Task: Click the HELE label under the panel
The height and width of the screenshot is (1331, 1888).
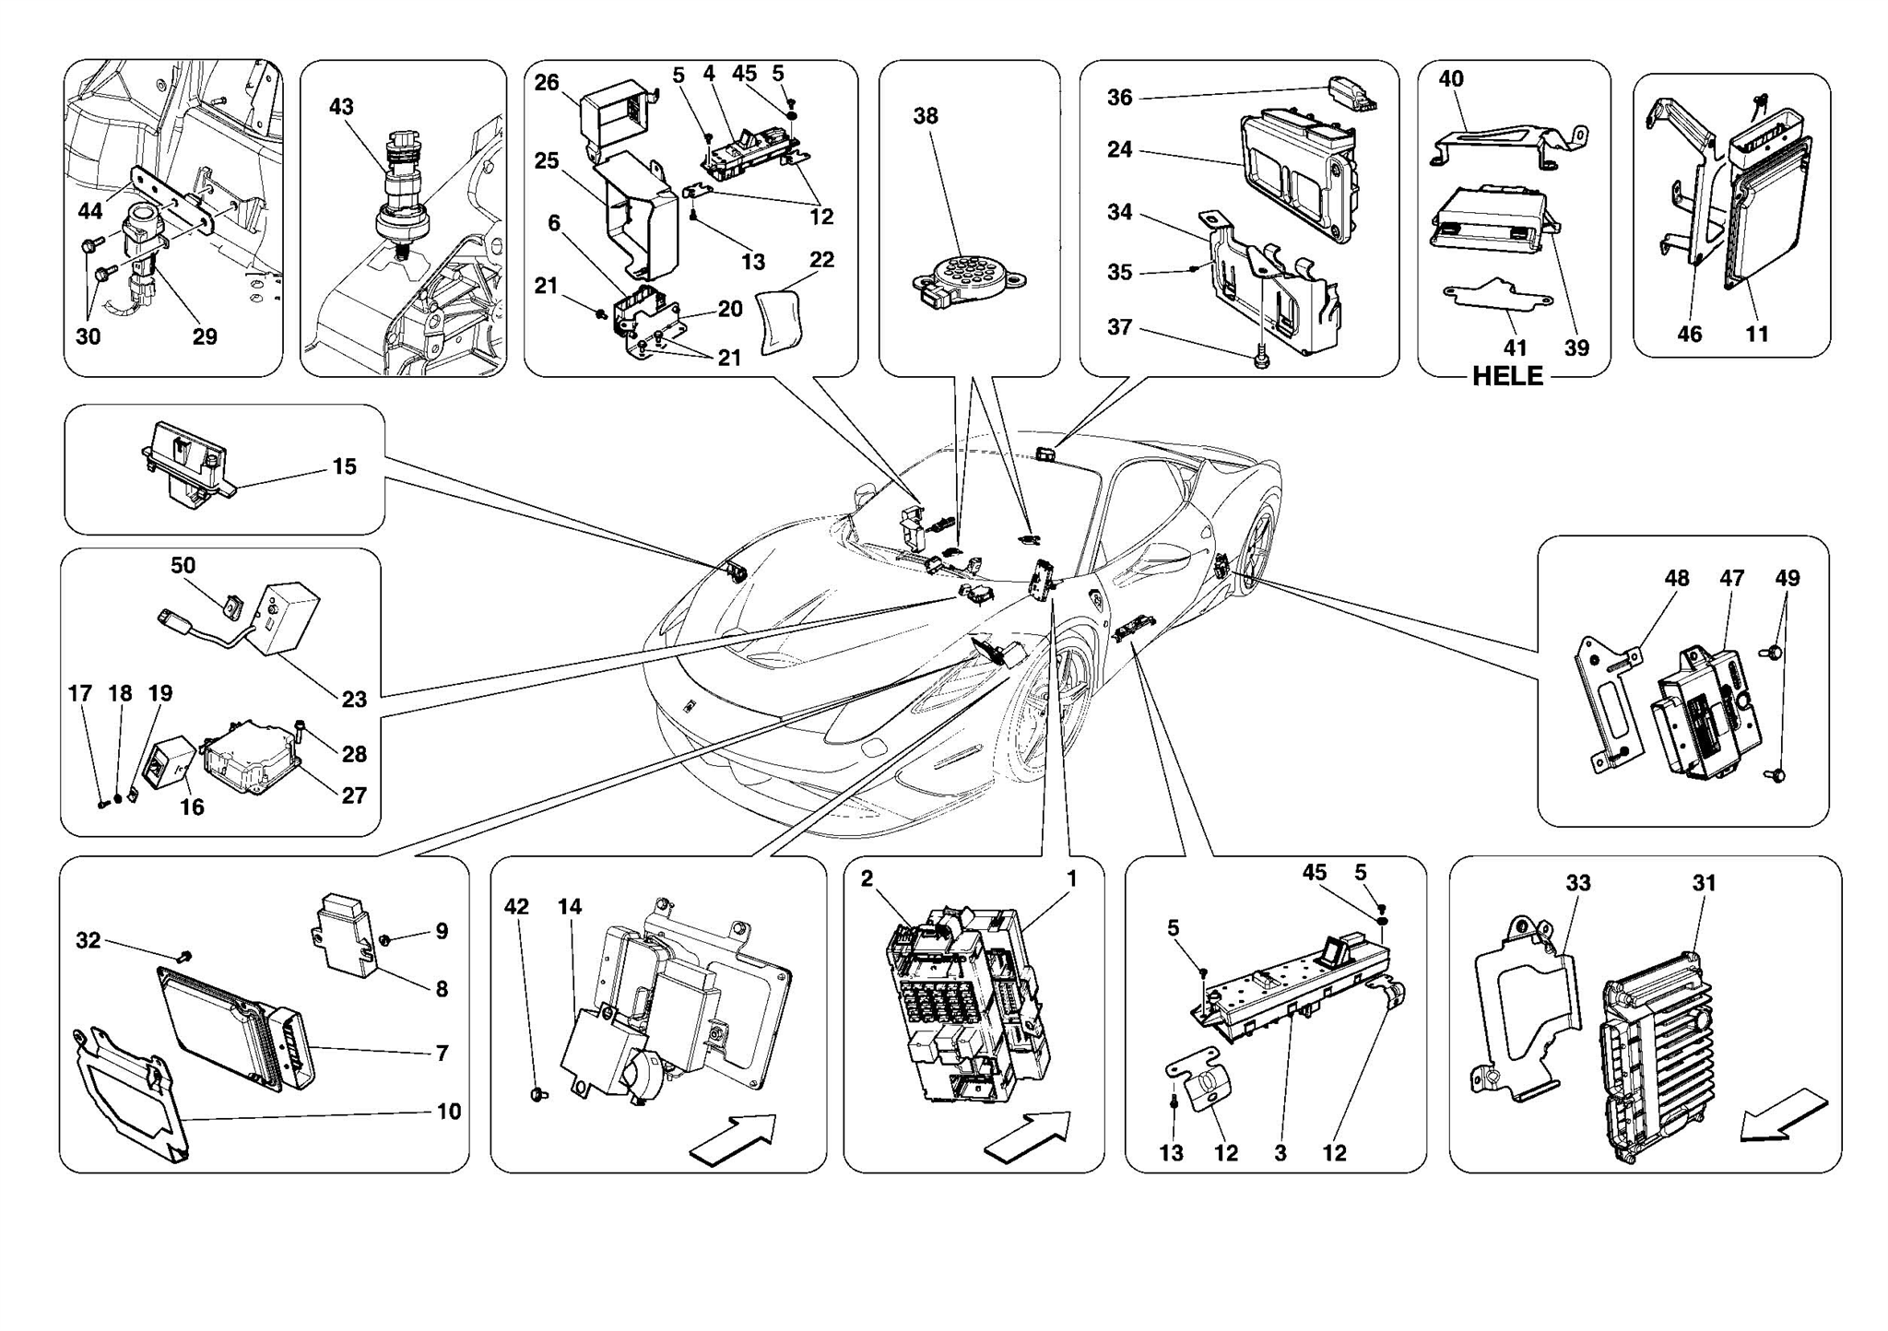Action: coord(1506,376)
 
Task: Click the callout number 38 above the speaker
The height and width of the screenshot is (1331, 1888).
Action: coord(926,116)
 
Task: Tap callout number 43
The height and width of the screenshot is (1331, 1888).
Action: coord(341,107)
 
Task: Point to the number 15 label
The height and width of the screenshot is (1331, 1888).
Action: coord(344,466)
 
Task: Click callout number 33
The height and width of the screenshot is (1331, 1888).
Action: coord(1577,883)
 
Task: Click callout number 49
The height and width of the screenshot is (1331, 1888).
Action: coord(1787,579)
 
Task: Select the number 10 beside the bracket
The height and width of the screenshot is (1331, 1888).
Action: coord(449,1112)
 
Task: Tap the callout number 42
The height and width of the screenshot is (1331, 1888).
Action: coord(516,907)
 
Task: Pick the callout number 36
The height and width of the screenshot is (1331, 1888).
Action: coord(1119,98)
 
